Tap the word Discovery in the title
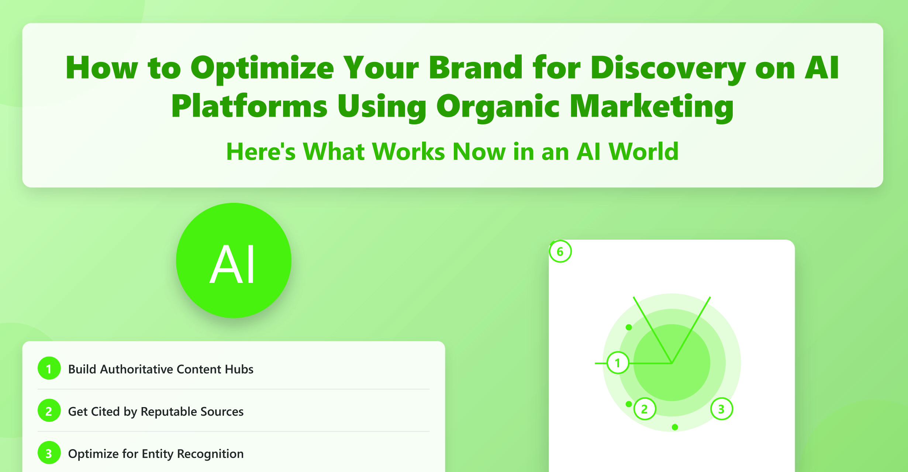pyautogui.click(x=668, y=69)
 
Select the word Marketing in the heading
pyautogui.click(x=652, y=107)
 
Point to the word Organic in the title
pyautogui.click(x=498, y=107)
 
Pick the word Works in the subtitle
pyautogui.click(x=408, y=152)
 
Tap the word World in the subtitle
pyautogui.click(x=643, y=152)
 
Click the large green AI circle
pyautogui.click(x=234, y=260)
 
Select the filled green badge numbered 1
pyautogui.click(x=49, y=368)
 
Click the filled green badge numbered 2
pyautogui.click(x=49, y=410)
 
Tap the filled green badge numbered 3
pyautogui.click(x=49, y=453)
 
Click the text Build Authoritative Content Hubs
pyautogui.click(x=161, y=369)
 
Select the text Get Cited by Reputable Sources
pyautogui.click(x=156, y=412)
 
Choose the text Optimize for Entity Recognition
pyautogui.click(x=156, y=454)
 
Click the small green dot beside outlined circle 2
pyautogui.click(x=629, y=404)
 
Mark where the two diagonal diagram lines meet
pyautogui.click(x=672, y=363)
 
